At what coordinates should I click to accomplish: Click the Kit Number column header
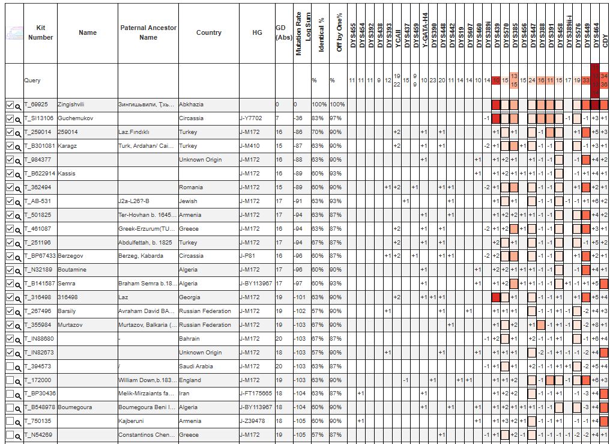(40, 32)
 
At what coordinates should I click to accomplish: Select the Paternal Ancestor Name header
(148, 32)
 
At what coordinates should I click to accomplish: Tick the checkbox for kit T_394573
(10, 366)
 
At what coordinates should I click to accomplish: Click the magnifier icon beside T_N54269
(18, 436)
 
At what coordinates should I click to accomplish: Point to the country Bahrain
(190, 339)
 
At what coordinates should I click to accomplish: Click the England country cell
(190, 380)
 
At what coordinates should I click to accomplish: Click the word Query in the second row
(32, 81)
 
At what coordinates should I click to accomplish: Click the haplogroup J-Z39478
(253, 421)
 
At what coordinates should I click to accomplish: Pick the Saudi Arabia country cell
(195, 366)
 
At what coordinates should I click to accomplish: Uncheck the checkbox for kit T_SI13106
(10, 118)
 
